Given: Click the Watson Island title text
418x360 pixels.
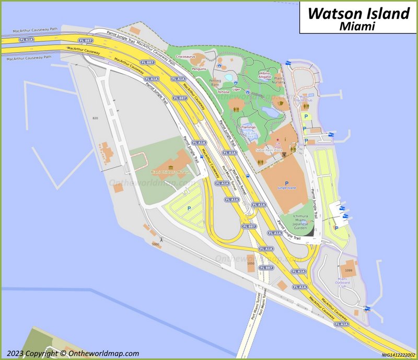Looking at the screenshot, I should (x=358, y=13).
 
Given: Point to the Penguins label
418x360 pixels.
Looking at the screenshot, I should (x=199, y=69).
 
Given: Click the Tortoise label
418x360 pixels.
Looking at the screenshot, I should (x=223, y=92).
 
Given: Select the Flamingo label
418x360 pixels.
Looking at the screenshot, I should (x=248, y=127).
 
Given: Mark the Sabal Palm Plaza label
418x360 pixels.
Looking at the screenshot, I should (x=269, y=150).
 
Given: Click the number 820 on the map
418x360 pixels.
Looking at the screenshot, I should (x=95, y=119).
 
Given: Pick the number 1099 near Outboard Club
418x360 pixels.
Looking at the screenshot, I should (x=350, y=270).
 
